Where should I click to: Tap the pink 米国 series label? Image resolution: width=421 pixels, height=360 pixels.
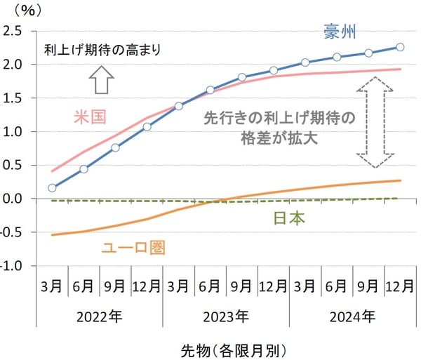(x=90, y=116)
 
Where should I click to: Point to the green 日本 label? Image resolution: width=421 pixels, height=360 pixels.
(x=288, y=218)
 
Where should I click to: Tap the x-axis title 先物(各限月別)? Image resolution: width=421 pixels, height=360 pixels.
(x=234, y=347)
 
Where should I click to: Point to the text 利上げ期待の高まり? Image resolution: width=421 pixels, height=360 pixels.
(x=102, y=50)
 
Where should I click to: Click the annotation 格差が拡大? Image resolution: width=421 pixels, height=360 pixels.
(x=279, y=138)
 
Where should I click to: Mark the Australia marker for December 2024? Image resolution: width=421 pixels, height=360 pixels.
(x=400, y=47)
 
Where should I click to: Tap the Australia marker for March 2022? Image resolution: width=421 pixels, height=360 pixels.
(x=53, y=188)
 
